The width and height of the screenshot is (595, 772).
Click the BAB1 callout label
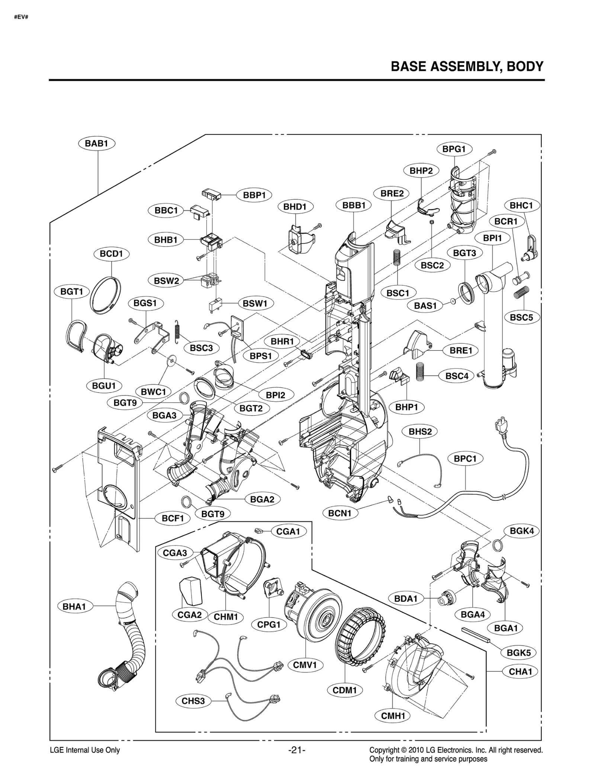click(x=97, y=143)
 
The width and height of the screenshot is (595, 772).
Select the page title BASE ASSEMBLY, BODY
click(x=467, y=67)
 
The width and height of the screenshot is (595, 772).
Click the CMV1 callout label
click(x=305, y=665)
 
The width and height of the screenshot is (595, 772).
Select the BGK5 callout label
click(x=518, y=652)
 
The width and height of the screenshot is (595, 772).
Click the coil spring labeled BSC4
click(x=420, y=371)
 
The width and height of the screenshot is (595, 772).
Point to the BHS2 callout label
click(x=420, y=432)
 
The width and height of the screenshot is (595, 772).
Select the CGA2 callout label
click(x=189, y=614)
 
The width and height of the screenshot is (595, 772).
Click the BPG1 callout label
click(x=454, y=149)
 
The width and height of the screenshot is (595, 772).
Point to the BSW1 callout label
click(x=255, y=304)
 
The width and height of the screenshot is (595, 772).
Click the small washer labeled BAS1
click(x=453, y=301)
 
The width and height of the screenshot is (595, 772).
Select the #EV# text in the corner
click(x=21, y=17)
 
